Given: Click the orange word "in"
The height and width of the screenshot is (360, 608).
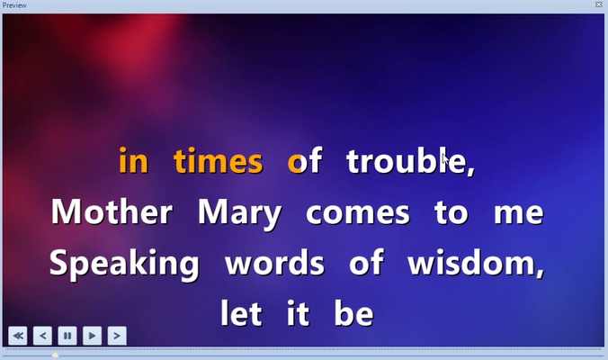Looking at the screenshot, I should (133, 162).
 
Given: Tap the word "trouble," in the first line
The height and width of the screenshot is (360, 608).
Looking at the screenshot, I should (410, 162).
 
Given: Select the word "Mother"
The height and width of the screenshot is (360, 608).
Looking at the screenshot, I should (112, 213).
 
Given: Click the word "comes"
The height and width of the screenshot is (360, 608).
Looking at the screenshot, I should (358, 213).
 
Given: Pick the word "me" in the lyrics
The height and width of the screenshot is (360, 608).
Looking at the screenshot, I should (519, 213).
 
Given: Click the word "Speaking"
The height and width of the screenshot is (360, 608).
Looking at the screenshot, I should (124, 265).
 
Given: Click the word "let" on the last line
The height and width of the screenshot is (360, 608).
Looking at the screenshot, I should (241, 315).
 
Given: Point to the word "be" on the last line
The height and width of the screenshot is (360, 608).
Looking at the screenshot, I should (353, 315).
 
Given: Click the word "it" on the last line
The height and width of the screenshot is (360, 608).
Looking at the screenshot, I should (298, 315).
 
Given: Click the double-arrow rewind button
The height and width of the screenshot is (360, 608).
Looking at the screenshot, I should (18, 336).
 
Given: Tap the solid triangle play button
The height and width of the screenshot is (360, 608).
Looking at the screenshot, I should (92, 336).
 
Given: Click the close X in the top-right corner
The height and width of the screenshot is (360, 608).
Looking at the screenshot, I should (599, 4).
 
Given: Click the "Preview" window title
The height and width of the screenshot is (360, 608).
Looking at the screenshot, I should (14, 4).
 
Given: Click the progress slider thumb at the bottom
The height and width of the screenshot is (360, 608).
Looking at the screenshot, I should (55, 355).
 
